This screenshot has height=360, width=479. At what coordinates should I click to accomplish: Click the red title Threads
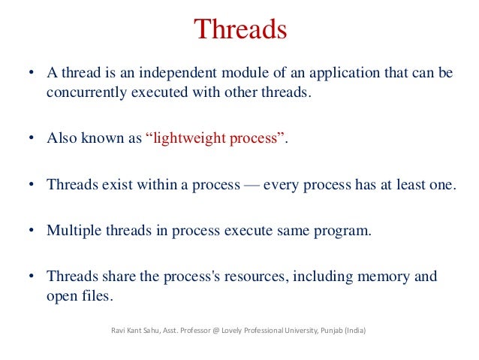240,30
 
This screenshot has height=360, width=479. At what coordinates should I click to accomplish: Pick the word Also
61,139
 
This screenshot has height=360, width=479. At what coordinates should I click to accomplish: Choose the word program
343,231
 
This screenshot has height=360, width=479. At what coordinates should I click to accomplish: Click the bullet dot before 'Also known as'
31,140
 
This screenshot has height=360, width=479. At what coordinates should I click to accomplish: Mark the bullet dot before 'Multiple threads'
31,231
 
